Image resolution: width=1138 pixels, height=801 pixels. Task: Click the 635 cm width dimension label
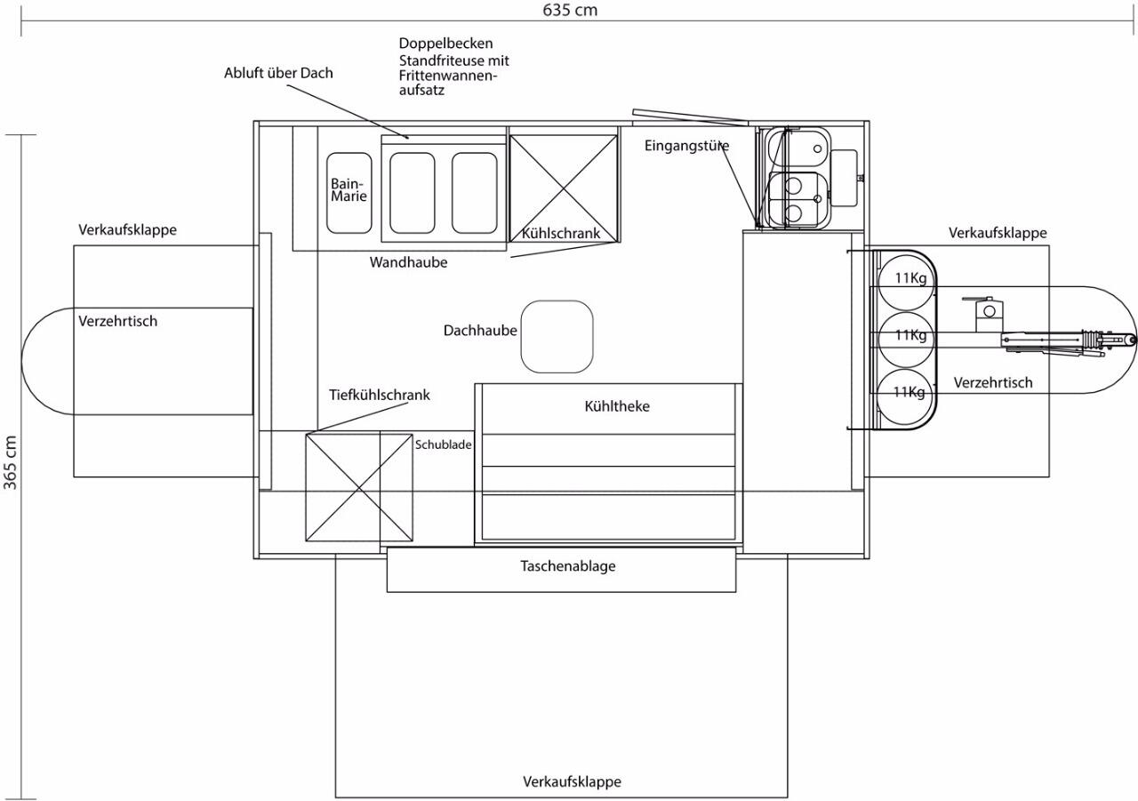[570, 10]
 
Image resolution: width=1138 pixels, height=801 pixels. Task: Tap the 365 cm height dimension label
[11, 462]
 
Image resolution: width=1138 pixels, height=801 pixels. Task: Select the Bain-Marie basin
[349, 193]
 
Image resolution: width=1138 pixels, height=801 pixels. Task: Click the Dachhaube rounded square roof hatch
[557, 336]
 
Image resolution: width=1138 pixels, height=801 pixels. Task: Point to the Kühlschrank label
[561, 233]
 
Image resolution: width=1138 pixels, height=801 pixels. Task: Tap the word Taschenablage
[568, 565]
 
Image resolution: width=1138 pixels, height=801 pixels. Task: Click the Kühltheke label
[617, 405]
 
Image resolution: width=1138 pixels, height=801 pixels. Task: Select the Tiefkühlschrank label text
[379, 395]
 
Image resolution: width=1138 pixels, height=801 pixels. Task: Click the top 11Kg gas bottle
[905, 283]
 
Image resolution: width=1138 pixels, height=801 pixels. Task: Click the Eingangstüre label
[686, 146]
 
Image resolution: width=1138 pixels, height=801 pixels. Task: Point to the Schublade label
[443, 445]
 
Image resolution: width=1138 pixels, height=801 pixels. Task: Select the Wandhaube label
[408, 262]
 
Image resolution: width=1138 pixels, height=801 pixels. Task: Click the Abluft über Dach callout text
[278, 73]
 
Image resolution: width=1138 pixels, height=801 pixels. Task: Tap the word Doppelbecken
[445, 44]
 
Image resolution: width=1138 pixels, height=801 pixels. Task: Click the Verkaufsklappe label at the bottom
[572, 781]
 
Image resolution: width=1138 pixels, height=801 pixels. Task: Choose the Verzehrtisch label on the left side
[118, 321]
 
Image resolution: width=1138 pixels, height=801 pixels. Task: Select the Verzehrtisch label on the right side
[993, 382]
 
